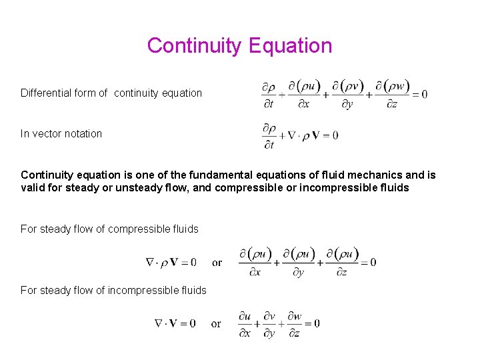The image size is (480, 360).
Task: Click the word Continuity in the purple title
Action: (195, 45)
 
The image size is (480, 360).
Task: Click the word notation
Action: (83, 133)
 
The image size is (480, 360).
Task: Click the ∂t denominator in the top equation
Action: (269, 104)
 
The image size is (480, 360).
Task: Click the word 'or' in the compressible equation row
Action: (217, 262)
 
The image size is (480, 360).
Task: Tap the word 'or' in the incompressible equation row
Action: (216, 323)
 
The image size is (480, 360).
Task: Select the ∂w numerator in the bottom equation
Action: (295, 316)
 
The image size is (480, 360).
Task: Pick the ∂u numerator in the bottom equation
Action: (245, 316)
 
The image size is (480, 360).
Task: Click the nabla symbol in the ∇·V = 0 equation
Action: (159, 323)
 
